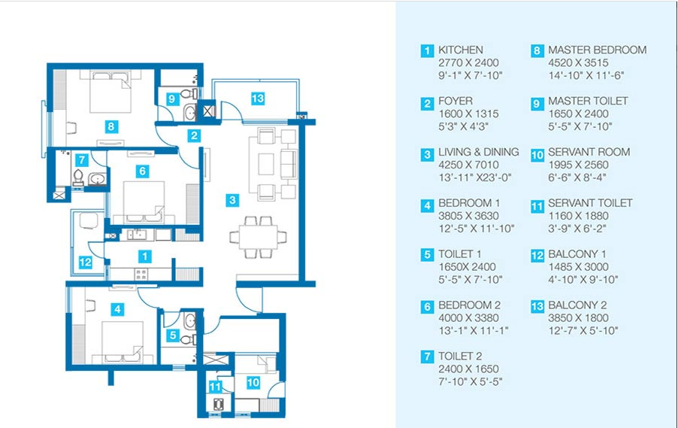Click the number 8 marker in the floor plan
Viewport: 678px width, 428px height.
[x=111, y=126]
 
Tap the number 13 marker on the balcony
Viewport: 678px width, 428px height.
[x=258, y=99]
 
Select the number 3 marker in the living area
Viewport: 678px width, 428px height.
[x=232, y=200]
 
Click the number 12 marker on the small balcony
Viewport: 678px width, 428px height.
[x=85, y=262]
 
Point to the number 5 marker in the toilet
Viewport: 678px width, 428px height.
[x=173, y=335]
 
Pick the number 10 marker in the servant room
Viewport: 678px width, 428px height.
[x=253, y=382]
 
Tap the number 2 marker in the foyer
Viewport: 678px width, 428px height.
[x=194, y=135]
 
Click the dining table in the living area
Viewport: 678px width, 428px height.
[x=258, y=238]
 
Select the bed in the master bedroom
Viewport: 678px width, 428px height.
[x=110, y=93]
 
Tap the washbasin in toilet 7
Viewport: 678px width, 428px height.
[x=97, y=179]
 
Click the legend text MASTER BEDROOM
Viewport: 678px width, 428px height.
[x=597, y=50]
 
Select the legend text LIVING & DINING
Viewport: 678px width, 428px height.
[x=479, y=152]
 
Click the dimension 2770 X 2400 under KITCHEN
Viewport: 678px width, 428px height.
[x=469, y=62]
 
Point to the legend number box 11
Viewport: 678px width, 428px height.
[x=537, y=206]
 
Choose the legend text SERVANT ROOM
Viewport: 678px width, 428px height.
[x=589, y=152]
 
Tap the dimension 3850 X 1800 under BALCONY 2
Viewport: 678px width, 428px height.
[x=579, y=317]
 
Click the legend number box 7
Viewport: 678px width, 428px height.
[x=427, y=357]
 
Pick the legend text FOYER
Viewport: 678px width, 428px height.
[x=456, y=101]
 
